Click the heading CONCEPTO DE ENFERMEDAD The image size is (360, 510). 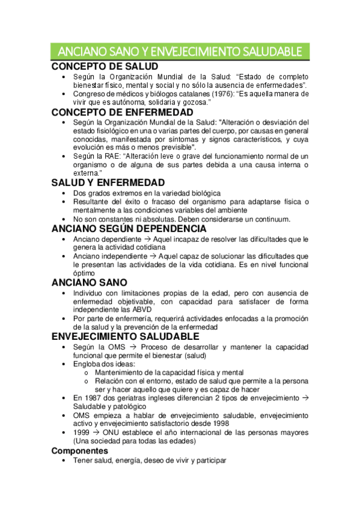(x=123, y=112)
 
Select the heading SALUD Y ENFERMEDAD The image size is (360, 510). (x=108, y=183)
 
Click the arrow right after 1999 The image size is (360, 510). (x=96, y=433)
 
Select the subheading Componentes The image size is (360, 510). (x=80, y=450)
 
